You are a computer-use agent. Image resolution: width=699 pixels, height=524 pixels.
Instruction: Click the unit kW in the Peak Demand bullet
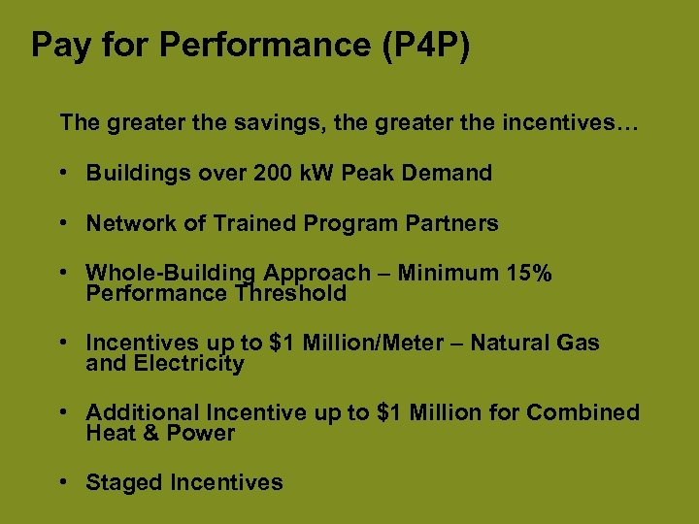click(318, 174)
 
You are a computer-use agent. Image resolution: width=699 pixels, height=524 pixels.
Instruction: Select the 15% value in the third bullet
click(529, 275)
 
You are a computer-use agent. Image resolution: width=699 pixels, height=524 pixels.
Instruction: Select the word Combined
click(582, 413)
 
